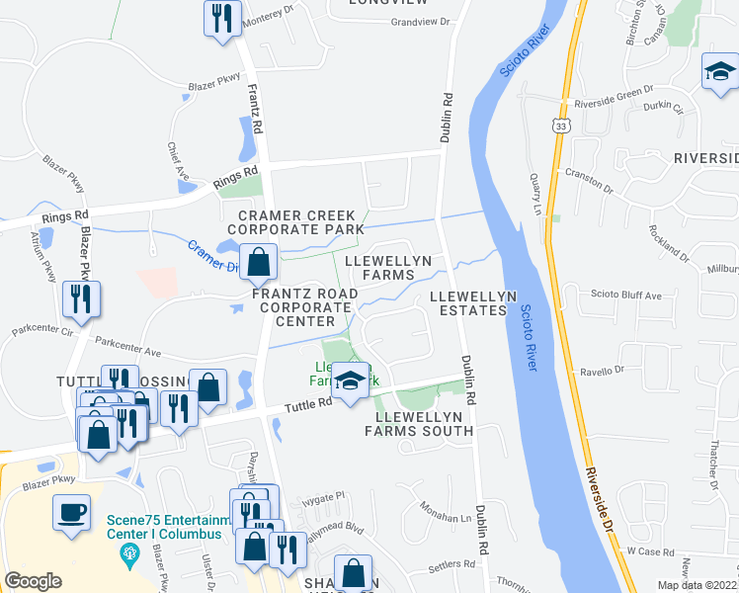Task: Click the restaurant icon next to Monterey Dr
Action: pyautogui.click(x=221, y=19)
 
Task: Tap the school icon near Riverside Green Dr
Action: pyautogui.click(x=719, y=71)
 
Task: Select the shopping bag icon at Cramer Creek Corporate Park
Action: pyautogui.click(x=259, y=264)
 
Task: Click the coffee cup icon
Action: pyautogui.click(x=71, y=513)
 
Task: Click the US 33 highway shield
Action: pyautogui.click(x=561, y=127)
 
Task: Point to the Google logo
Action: pyautogui.click(x=34, y=581)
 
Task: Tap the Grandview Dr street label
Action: pyautogui.click(x=420, y=22)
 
